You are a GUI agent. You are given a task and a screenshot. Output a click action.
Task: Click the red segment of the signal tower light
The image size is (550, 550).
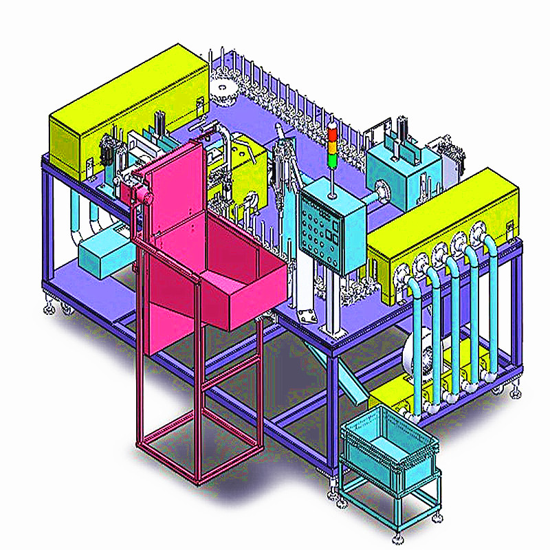[333, 130]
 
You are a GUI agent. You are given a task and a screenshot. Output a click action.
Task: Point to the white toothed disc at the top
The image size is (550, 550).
[223, 89]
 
